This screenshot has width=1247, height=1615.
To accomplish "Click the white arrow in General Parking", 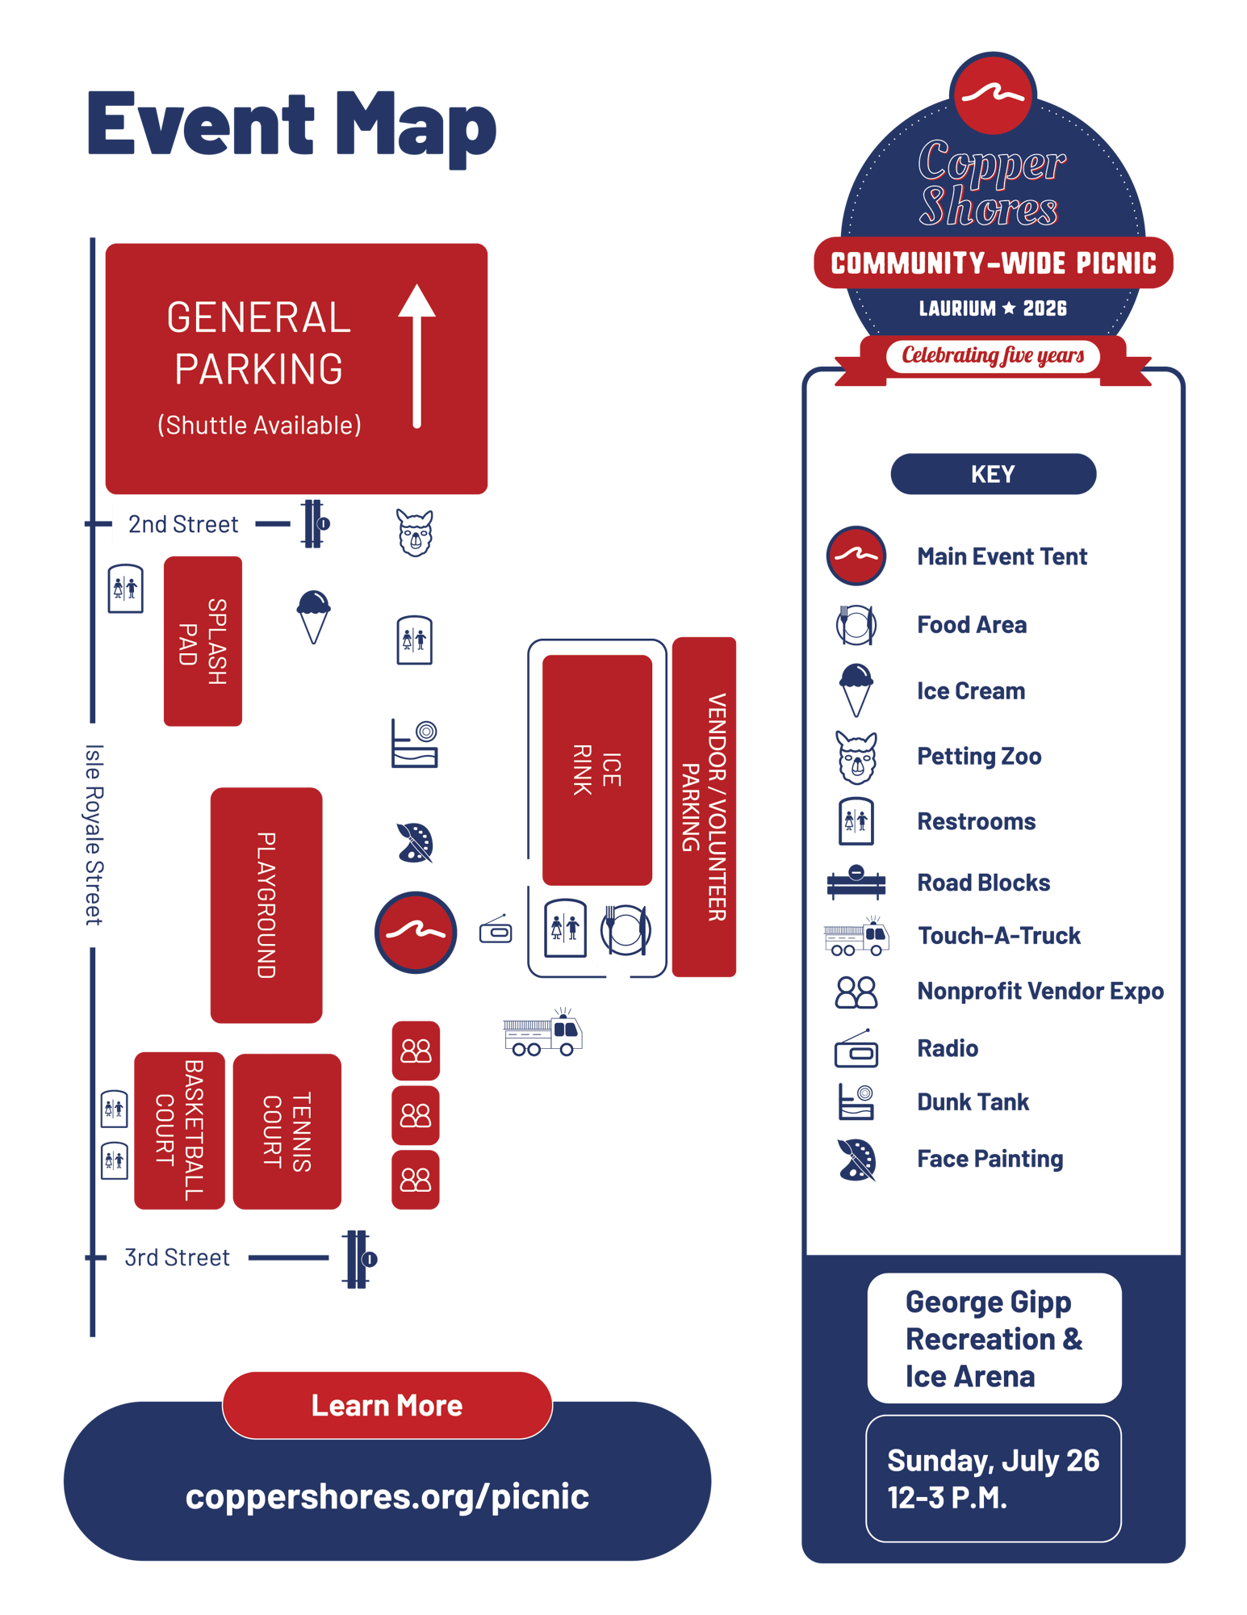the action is click(416, 355).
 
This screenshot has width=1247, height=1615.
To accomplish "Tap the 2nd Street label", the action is click(183, 524).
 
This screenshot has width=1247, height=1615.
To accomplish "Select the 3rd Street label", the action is click(177, 1257).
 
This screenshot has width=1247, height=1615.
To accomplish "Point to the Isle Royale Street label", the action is click(94, 835).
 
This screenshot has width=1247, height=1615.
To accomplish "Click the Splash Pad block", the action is click(203, 641).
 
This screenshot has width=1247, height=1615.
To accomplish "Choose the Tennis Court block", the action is click(287, 1131).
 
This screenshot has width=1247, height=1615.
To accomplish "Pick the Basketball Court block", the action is click(179, 1130).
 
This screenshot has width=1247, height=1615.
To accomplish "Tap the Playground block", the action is click(266, 905).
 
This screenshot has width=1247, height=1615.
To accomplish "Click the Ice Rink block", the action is click(597, 770).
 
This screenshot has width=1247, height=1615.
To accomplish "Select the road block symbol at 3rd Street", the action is click(358, 1259).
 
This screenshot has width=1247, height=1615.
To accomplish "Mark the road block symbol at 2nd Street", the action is click(315, 524).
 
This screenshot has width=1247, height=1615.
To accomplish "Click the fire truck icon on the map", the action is click(542, 1032).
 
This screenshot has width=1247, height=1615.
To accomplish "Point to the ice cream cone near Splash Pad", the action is click(313, 616).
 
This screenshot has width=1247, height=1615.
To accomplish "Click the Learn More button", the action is click(387, 1405).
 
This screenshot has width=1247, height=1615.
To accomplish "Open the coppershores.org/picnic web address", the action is click(387, 1495).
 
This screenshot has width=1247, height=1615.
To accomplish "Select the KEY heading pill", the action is click(993, 474).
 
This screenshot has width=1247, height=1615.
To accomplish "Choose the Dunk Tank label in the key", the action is click(973, 1101).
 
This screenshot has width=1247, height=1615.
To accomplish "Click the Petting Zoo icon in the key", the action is click(856, 757).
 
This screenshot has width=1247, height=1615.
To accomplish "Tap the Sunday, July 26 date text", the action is click(993, 1460).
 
